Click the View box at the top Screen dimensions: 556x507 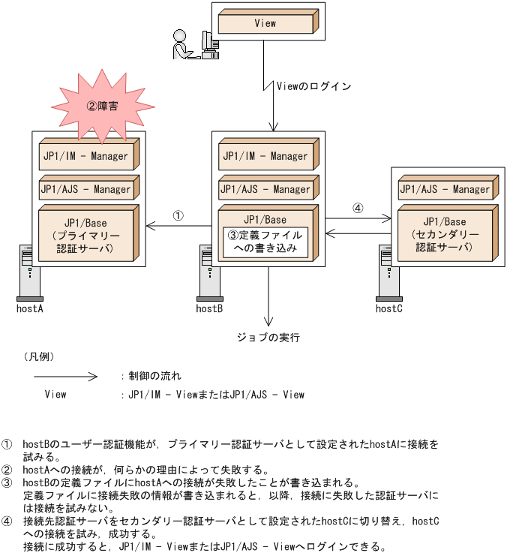[x=265, y=23]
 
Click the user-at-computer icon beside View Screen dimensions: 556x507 [x=193, y=44]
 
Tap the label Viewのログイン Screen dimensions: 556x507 [x=313, y=86]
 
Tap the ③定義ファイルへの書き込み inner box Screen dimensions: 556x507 [x=266, y=242]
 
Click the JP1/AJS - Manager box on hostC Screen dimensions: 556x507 [x=444, y=190]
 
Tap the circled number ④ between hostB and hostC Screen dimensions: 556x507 [x=358, y=208]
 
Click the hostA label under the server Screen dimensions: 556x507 [x=30, y=308]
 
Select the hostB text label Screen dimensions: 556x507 [x=209, y=308]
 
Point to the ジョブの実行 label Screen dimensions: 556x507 [x=268, y=338]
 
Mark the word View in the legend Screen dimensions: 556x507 [x=55, y=394]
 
